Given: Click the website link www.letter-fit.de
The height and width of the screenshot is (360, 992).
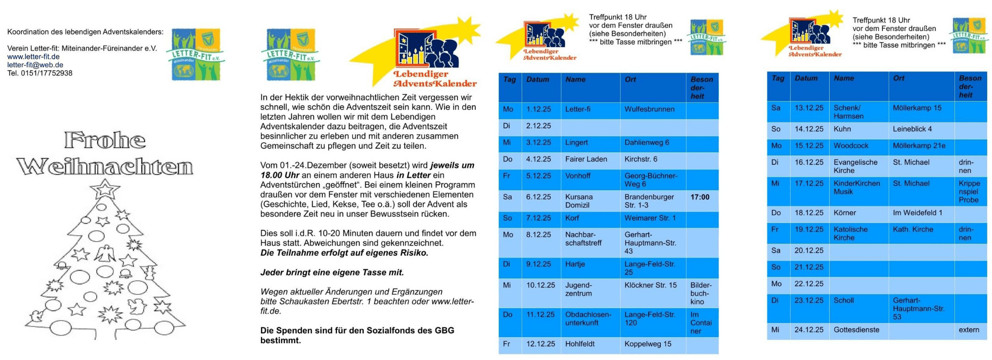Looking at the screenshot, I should point(33,56).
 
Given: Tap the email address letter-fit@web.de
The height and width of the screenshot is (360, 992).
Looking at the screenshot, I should point(35,65).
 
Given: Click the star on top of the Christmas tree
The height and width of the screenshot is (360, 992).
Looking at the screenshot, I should point(104,189).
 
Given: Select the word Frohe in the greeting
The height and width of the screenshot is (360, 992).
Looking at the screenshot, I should point(105,141).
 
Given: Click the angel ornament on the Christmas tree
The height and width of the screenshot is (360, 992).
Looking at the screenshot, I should point(104,254).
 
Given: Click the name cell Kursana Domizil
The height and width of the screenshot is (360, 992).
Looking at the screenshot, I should point(579,201).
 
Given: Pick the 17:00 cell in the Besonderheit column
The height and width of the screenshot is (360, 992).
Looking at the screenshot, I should point(700,197).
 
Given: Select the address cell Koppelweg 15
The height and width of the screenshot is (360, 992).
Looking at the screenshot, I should point(647,344).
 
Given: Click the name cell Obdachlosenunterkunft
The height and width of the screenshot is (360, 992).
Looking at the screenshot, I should point(588,319).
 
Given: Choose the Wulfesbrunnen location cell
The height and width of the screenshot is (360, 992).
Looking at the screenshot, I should point(649,110).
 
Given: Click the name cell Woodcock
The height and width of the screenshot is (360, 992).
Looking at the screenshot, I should point(851,146).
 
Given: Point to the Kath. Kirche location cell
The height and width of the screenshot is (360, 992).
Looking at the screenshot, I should point(913,229).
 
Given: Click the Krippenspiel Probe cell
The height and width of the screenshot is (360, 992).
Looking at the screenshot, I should point(969,191).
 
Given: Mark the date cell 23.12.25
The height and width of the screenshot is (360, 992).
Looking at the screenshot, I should point(809,301).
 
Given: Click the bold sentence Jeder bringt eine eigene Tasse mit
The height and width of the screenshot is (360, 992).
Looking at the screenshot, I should point(332,272).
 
